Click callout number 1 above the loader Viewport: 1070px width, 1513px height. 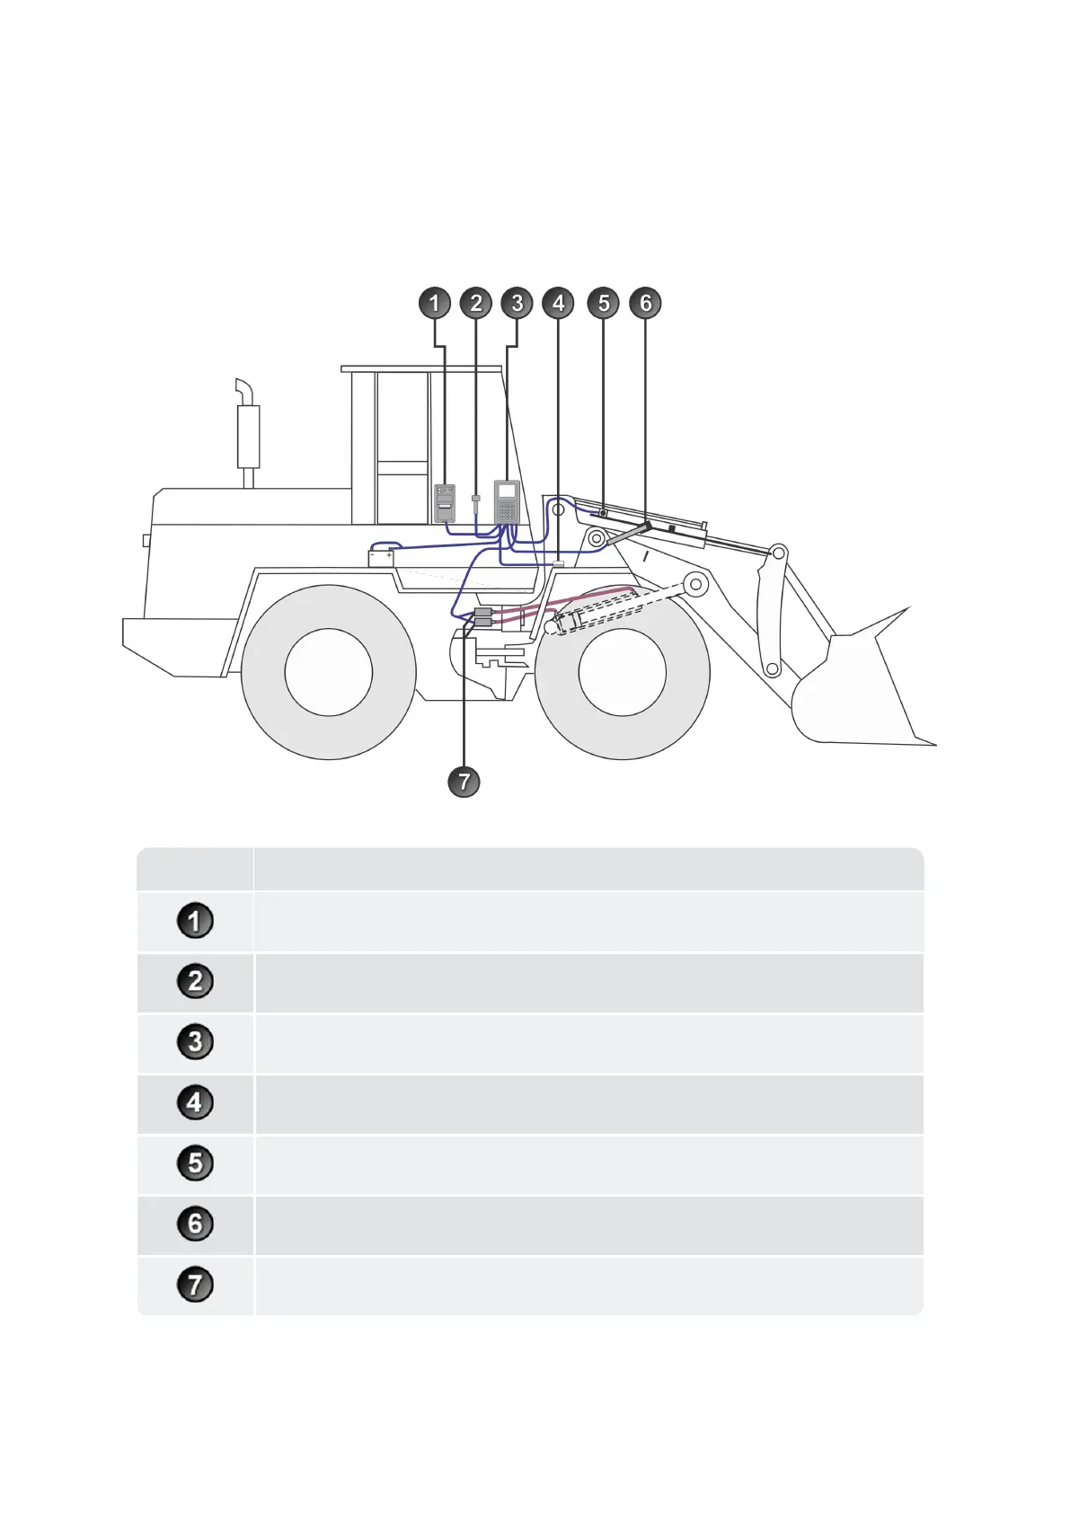pyautogui.click(x=435, y=303)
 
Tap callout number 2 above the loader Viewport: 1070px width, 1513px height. pyautogui.click(x=476, y=303)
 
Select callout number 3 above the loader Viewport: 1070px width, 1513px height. pyautogui.click(x=517, y=303)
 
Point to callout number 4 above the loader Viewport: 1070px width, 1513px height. pyautogui.click(x=559, y=303)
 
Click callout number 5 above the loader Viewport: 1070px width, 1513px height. pyautogui.click(x=604, y=303)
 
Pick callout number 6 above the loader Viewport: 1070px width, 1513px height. pyautogui.click(x=645, y=303)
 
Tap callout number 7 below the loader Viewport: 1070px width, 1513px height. pyautogui.click(x=464, y=781)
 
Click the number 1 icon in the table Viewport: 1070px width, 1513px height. pyautogui.click(x=195, y=922)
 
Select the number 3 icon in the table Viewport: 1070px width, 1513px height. pyautogui.click(x=195, y=1042)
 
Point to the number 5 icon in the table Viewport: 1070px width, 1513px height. pyautogui.click(x=195, y=1164)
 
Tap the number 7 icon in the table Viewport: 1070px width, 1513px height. pyautogui.click(x=195, y=1285)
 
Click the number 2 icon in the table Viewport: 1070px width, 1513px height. pyautogui.click(x=195, y=981)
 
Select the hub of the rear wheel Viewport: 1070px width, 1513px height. pyautogui.click(x=329, y=672)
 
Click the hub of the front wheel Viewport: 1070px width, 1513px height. pyautogui.click(x=622, y=672)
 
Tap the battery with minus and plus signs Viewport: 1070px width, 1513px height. pyautogui.click(x=381, y=557)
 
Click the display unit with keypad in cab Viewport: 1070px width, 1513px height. pyautogui.click(x=508, y=502)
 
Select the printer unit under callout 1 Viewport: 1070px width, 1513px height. pyautogui.click(x=445, y=503)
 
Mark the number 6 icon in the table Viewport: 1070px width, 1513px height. pyautogui.click(x=195, y=1224)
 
